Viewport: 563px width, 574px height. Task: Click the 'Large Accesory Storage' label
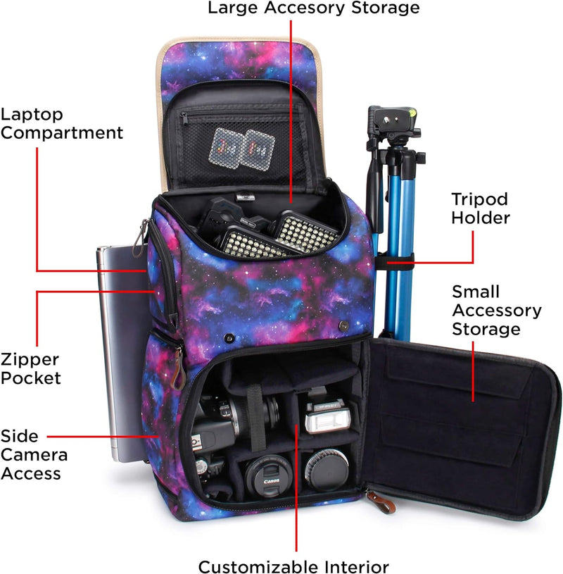[x=313, y=8]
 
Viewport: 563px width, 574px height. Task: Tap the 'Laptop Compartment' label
[x=61, y=124]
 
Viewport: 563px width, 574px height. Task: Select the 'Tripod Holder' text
[x=481, y=208]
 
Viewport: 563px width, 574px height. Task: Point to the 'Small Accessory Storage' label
[x=496, y=311]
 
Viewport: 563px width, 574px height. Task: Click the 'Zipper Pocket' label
[x=31, y=368]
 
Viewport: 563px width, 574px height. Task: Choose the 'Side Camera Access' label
[x=34, y=455]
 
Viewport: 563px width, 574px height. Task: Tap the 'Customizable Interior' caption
[x=293, y=567]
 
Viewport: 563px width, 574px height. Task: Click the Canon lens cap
[x=269, y=476]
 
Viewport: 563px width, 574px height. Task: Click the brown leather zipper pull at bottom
[x=381, y=502]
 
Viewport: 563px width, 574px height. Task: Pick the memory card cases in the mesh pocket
[x=241, y=148]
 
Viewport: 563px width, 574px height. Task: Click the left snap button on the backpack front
[x=229, y=338]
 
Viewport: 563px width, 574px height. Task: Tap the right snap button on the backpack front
[x=343, y=326]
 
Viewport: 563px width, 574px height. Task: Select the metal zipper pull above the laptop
[x=141, y=238]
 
